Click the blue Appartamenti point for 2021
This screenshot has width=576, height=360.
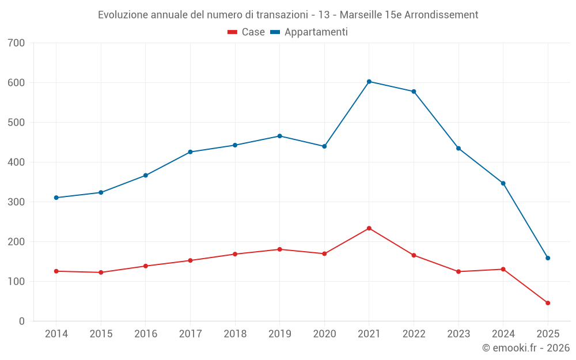click(369, 82)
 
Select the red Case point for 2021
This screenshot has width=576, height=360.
click(369, 229)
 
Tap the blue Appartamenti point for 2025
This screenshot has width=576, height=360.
click(548, 258)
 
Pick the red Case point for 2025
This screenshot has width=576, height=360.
click(548, 303)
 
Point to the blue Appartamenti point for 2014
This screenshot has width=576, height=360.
click(56, 198)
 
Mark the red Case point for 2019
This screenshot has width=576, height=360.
click(280, 249)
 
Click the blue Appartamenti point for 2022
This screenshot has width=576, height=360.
click(414, 92)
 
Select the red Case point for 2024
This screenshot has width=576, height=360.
click(503, 270)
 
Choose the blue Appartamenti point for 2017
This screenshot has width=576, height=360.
click(190, 152)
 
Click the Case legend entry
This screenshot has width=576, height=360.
click(247, 32)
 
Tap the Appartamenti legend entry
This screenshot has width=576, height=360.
click(309, 32)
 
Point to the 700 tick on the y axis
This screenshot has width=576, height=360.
click(17, 43)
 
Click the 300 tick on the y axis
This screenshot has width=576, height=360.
click(17, 202)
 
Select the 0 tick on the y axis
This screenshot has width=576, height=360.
click(21, 321)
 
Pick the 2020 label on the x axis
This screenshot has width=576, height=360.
click(324, 334)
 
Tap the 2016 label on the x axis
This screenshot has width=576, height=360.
click(146, 334)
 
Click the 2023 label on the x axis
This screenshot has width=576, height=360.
click(458, 334)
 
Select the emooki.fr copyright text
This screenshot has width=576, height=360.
click(526, 348)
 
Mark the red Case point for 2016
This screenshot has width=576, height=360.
click(146, 266)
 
